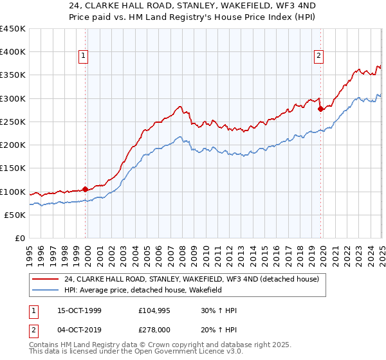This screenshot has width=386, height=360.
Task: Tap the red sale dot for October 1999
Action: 85,189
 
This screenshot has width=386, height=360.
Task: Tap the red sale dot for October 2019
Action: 320,109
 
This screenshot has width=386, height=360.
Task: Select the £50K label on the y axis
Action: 15,215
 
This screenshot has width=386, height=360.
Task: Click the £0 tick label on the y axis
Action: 20,238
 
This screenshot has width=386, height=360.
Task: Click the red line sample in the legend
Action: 45,279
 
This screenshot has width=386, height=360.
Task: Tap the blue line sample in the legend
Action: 45,291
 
